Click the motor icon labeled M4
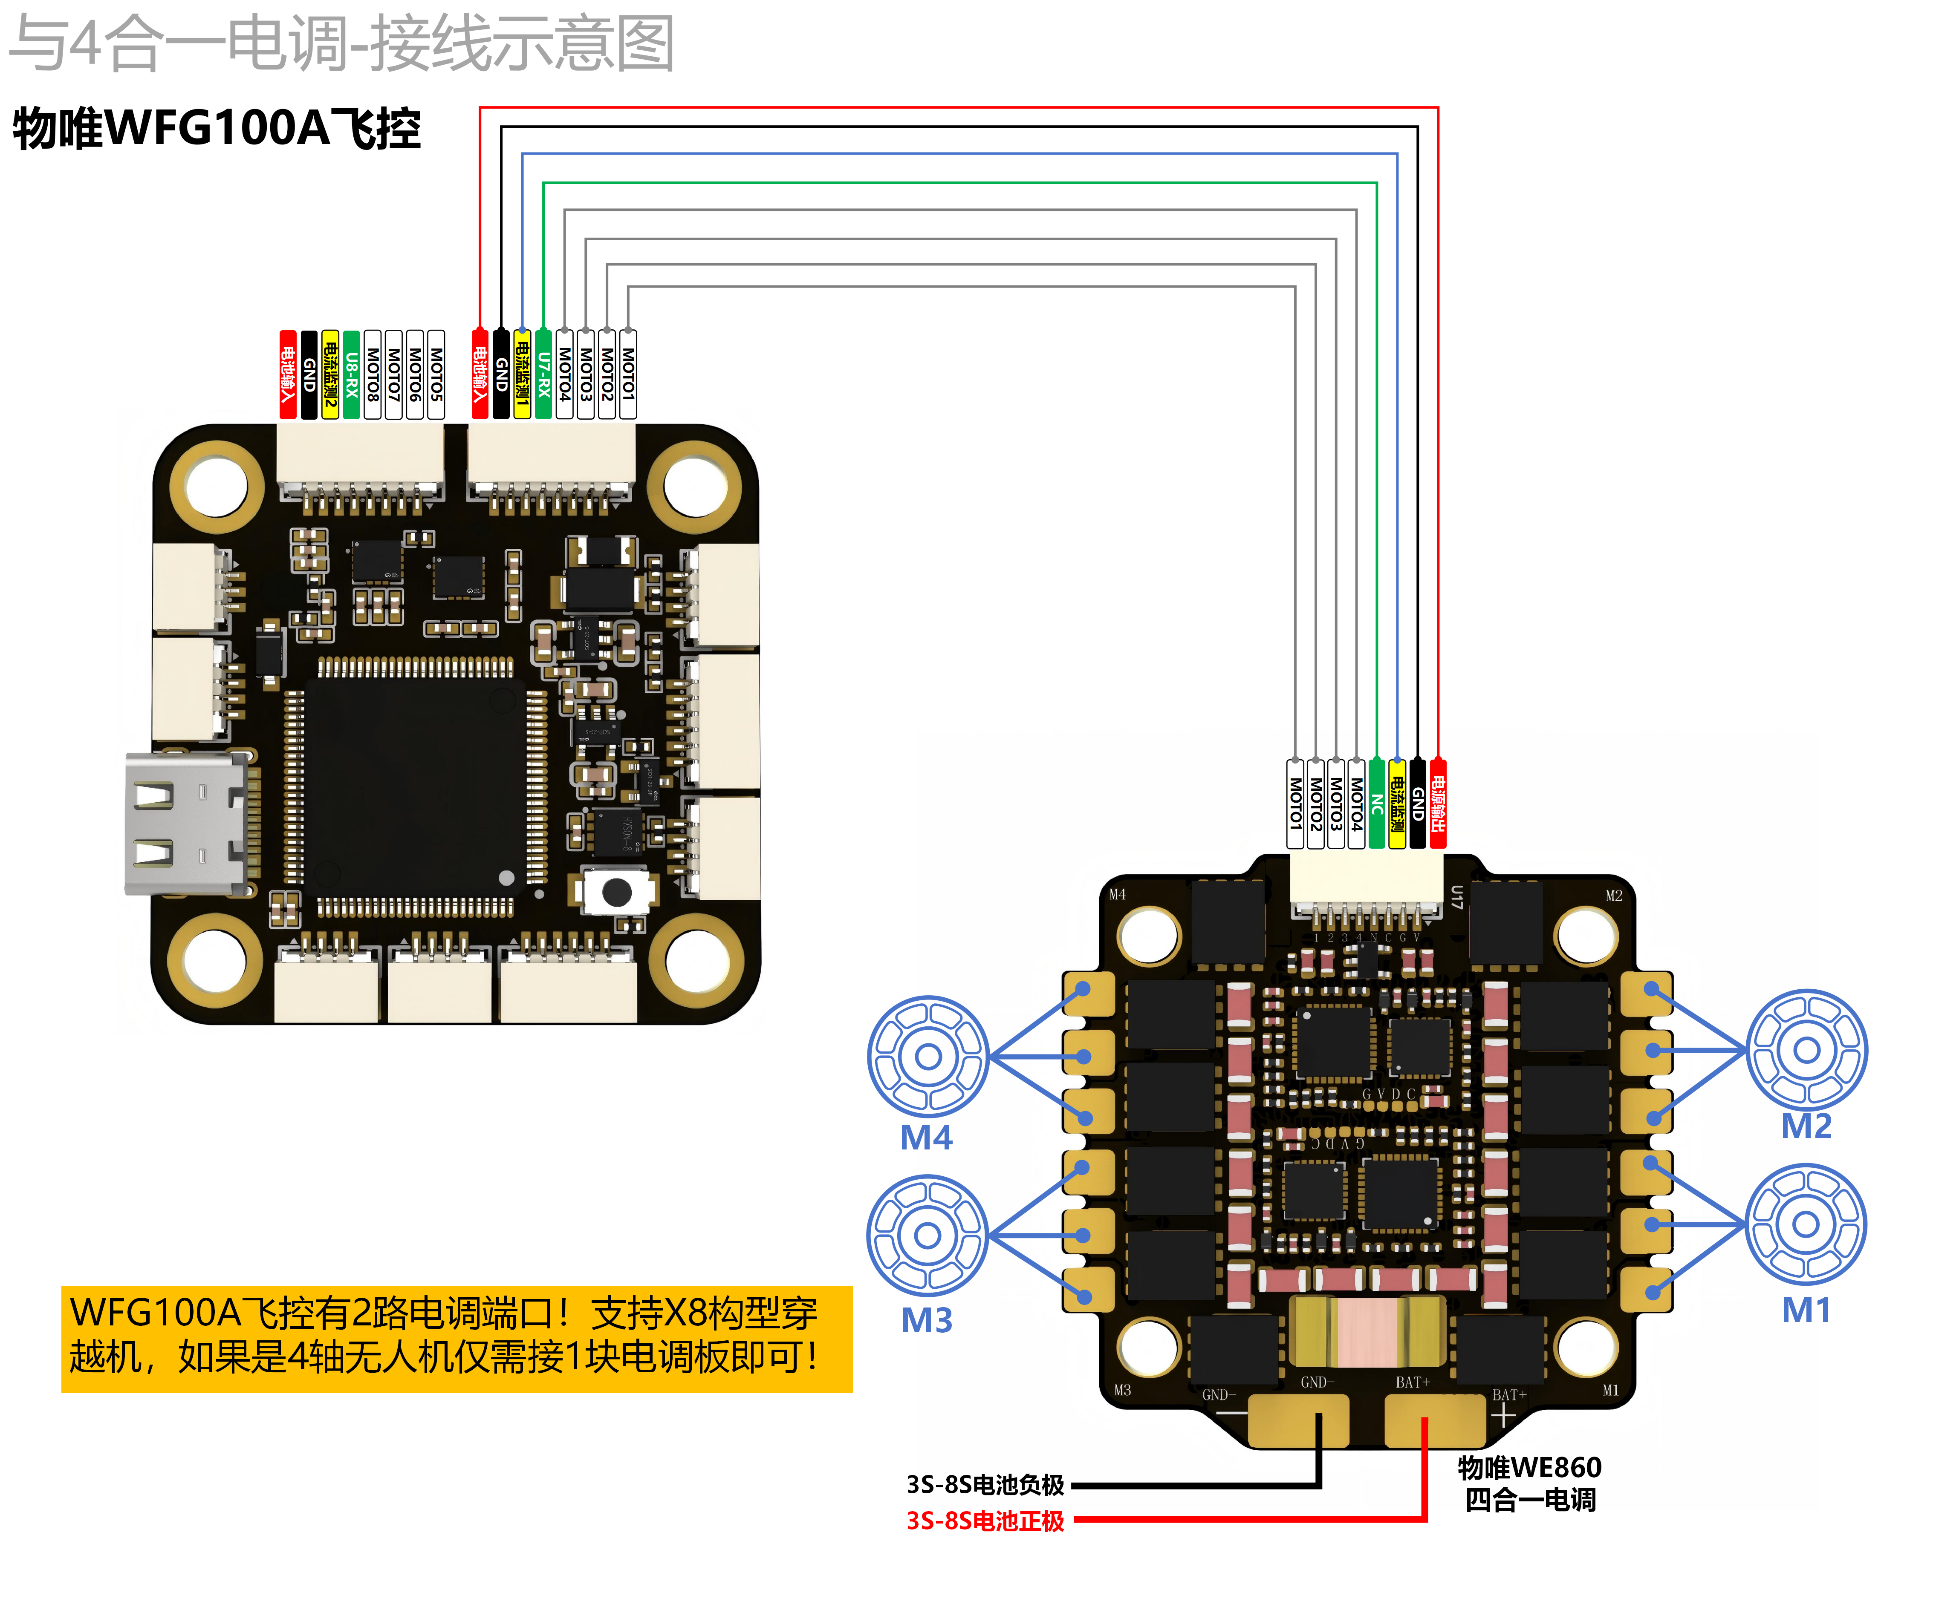(928, 1056)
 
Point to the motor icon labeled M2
(1807, 1050)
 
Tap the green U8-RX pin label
(351, 374)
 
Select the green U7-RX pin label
(543, 374)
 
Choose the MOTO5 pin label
(436, 374)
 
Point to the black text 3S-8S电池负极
(985, 1484)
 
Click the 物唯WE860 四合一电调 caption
(1530, 1483)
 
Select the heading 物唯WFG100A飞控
(216, 128)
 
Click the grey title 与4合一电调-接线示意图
(342, 43)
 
